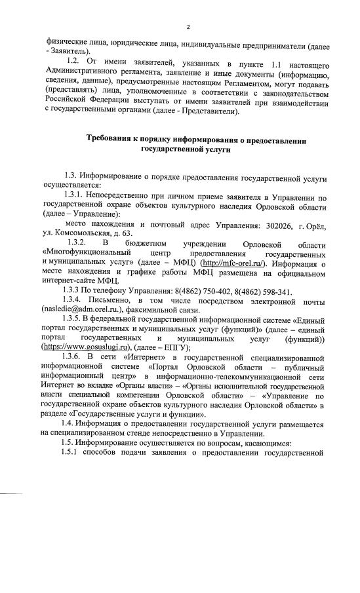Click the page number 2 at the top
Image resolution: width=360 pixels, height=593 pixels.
188,27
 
